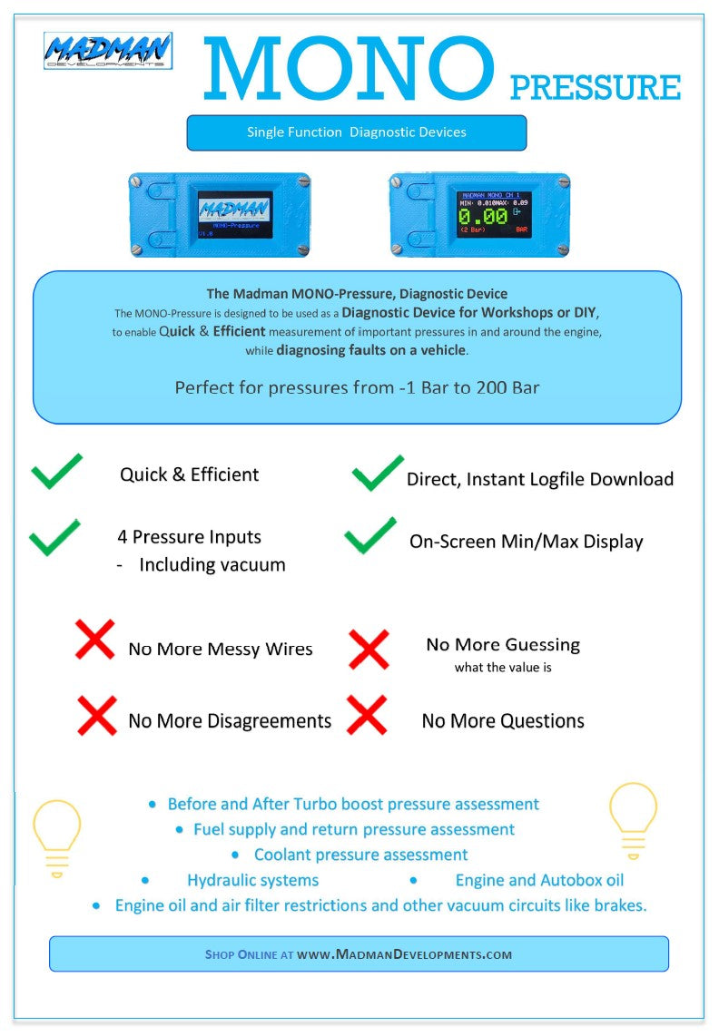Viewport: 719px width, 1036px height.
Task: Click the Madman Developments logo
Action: click(x=107, y=52)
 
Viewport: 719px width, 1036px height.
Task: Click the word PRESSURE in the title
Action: click(x=595, y=88)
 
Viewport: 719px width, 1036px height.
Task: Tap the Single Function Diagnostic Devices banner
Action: click(x=357, y=132)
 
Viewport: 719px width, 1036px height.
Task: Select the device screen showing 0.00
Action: click(x=494, y=214)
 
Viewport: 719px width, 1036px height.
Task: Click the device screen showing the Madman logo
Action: click(x=235, y=214)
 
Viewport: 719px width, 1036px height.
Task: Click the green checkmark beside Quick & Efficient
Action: click(x=56, y=472)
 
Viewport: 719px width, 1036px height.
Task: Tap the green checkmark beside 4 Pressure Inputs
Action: click(x=54, y=537)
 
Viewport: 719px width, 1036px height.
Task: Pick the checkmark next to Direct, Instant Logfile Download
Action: click(x=377, y=473)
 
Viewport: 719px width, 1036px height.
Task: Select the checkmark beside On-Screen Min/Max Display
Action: click(x=370, y=535)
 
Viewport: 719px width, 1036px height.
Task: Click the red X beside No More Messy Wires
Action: click(x=94, y=640)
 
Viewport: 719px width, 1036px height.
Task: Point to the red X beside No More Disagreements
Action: click(x=96, y=715)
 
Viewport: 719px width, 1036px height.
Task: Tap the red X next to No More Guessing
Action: click(x=369, y=650)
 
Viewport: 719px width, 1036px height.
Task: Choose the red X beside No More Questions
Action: click(x=367, y=715)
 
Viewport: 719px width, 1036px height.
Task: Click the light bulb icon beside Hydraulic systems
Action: click(x=56, y=837)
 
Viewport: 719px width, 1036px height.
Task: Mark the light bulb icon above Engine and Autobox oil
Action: click(x=633, y=819)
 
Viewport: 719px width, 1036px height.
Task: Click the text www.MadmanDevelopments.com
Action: click(x=405, y=954)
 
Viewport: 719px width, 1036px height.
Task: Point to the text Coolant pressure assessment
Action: click(x=360, y=855)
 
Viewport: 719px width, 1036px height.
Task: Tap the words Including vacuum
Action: click(x=212, y=564)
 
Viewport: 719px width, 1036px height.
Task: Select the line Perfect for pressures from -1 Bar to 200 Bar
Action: click(x=357, y=387)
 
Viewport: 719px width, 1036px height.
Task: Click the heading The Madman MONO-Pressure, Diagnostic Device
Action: click(x=357, y=293)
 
